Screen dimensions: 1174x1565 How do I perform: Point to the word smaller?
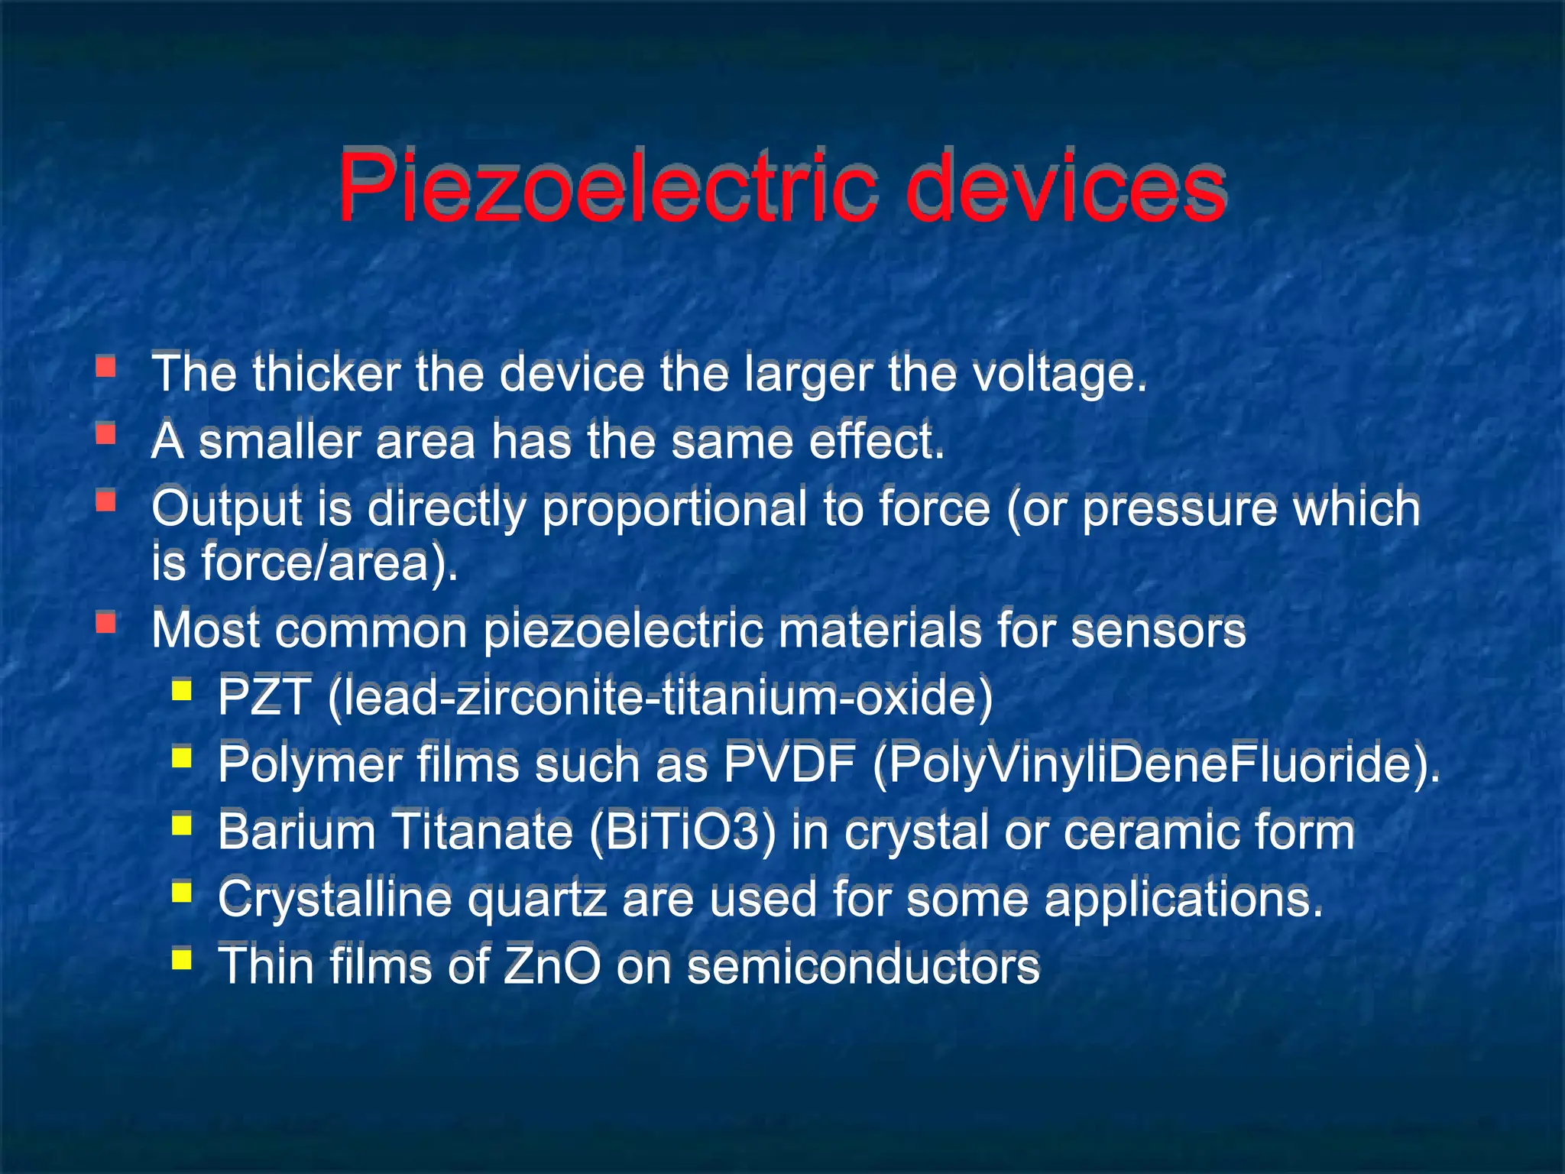click(280, 441)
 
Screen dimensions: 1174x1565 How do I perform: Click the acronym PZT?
click(264, 697)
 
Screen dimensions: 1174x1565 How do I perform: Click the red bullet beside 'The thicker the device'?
click(105, 368)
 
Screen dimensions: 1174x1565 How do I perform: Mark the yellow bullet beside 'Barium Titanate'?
click(181, 825)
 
